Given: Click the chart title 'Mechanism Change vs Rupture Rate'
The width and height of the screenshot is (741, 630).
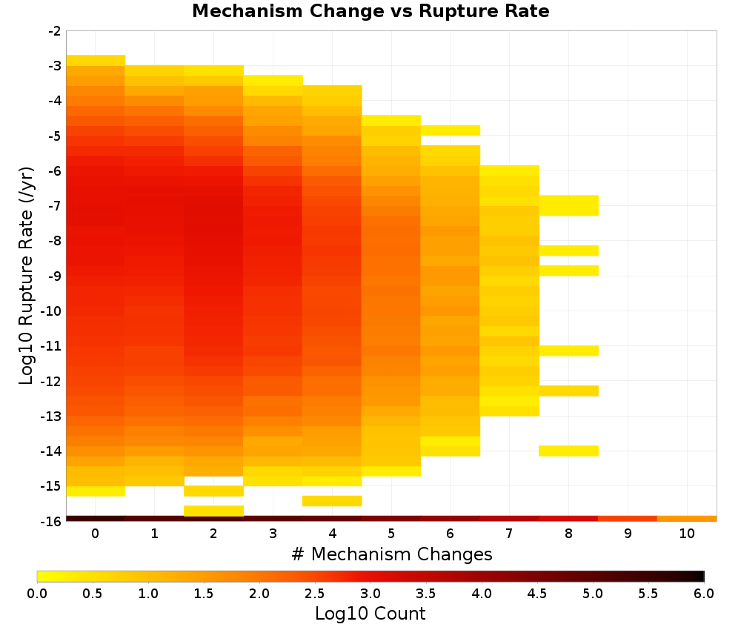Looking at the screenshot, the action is click(x=370, y=11).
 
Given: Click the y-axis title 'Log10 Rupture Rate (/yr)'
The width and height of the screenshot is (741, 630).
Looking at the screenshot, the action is click(x=27, y=276).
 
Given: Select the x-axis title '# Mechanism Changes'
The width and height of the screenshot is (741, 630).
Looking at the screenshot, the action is click(x=392, y=554).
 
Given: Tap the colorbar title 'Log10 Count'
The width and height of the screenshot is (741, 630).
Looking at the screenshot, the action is click(x=370, y=614).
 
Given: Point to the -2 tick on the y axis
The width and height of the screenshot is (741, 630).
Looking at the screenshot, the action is click(x=55, y=31).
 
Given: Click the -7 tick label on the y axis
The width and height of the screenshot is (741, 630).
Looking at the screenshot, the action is click(x=55, y=206).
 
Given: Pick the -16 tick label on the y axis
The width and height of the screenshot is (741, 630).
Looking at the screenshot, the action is click(x=51, y=521).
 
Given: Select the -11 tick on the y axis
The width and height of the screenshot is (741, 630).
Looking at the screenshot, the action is click(x=51, y=346).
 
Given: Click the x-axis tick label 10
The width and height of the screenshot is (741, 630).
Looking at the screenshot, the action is click(x=687, y=534).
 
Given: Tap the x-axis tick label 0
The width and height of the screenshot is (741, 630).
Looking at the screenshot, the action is click(x=96, y=534).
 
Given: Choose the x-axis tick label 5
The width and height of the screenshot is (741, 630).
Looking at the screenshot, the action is click(x=391, y=534).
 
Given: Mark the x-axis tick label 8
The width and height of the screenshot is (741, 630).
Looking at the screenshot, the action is click(x=568, y=534).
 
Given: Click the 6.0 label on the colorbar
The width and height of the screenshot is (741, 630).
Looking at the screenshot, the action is click(x=704, y=593).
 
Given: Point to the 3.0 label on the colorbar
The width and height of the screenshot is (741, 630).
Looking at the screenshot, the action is click(x=370, y=593).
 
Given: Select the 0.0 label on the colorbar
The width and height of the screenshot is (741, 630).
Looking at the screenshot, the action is click(x=37, y=593).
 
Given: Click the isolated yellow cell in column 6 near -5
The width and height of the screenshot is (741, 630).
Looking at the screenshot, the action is click(x=451, y=130).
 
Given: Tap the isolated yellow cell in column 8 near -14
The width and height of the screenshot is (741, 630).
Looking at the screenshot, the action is click(x=568, y=451).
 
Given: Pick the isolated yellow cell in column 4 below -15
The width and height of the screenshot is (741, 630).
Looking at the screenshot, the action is click(x=332, y=501).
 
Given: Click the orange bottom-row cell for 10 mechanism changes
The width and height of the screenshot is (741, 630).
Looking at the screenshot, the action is click(x=687, y=519).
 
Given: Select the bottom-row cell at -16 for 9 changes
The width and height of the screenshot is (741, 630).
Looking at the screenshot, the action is click(x=628, y=519).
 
